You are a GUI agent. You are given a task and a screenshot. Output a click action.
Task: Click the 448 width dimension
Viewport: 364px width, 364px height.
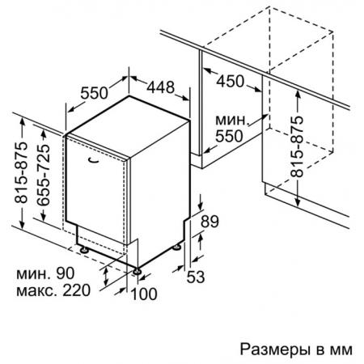point(161,87)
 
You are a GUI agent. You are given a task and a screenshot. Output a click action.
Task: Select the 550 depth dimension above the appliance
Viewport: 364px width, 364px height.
point(94,93)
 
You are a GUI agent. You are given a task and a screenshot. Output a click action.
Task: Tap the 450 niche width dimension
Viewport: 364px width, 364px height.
point(231,81)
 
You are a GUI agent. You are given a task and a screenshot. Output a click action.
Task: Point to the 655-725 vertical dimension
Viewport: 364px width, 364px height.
point(44,176)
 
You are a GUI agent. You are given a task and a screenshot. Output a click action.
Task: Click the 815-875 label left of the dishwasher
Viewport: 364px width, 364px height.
point(21,172)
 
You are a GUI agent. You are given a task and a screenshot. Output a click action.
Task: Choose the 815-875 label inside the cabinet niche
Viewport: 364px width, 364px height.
point(297,146)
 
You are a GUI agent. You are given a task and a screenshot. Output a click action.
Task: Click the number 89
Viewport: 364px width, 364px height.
point(210,222)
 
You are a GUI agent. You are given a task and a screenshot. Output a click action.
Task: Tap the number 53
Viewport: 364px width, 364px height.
point(196,277)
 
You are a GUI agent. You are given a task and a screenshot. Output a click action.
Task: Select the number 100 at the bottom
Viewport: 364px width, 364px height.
point(144,294)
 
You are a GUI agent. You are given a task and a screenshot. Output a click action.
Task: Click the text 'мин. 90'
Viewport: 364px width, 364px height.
point(45,273)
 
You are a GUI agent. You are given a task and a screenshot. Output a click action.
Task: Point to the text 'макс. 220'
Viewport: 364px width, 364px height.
point(53,290)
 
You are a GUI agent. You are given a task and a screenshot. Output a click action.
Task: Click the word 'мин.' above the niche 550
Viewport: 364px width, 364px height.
point(231,120)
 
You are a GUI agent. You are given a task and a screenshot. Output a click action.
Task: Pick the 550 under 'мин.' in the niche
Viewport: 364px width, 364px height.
point(229,136)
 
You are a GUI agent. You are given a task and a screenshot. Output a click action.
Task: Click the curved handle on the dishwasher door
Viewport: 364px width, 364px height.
point(94,160)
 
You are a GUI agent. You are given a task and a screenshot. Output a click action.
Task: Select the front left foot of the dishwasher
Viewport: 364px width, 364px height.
point(84,250)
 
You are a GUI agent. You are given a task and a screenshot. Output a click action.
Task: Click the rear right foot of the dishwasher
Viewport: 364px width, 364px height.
point(176,247)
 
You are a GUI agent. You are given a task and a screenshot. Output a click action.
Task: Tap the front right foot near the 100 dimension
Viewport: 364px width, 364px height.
point(137,271)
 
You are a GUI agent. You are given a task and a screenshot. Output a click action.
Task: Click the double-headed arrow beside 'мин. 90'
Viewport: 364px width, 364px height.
point(105,277)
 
